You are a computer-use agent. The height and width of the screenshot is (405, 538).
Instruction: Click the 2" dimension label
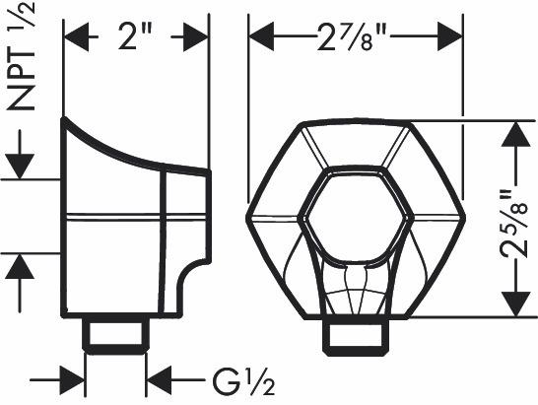click(135, 36)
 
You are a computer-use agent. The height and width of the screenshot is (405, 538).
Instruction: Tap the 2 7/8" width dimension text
click(352, 37)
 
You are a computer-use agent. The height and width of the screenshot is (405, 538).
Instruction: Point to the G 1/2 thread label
click(243, 381)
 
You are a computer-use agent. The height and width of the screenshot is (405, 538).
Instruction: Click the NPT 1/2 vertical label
click(22, 56)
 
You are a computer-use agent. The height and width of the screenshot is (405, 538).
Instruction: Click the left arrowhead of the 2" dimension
click(76, 36)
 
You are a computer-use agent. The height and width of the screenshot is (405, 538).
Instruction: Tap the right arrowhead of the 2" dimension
click(196, 36)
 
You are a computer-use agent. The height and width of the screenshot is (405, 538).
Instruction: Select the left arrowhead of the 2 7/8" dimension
click(261, 36)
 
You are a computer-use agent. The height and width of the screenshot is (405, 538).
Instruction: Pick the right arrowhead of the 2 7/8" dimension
click(450, 36)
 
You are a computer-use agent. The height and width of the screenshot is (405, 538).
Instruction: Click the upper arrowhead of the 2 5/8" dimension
click(516, 134)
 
